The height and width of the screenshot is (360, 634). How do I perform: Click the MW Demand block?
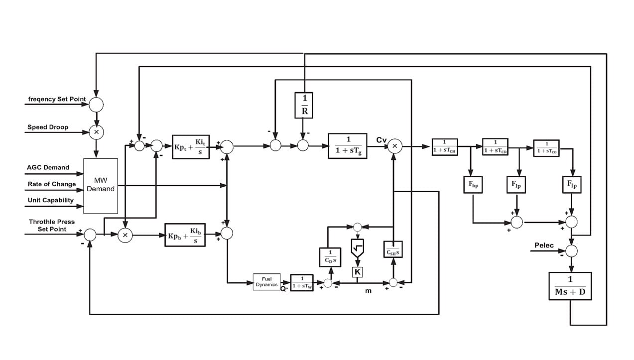pos(101,186)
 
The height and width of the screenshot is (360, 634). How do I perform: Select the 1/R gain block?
pos(304,106)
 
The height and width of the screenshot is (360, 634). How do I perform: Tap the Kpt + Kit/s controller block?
pos(191,146)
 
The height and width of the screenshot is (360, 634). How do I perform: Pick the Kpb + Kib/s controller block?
pos(186,234)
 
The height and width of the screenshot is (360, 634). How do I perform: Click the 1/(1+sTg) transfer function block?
pos(347,146)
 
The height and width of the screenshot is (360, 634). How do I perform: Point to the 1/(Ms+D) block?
pos(570,286)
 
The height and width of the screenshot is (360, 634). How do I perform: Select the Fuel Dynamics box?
pos(267,282)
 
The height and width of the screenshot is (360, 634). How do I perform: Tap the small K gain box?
pos(357,272)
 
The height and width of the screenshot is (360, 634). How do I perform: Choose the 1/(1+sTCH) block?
pos(444,147)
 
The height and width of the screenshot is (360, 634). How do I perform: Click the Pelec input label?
pos(544,245)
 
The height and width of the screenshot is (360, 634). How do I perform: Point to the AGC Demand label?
pos(48,168)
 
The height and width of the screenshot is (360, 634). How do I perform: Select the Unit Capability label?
pos(50,200)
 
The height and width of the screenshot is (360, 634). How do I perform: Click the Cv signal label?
pos(381,140)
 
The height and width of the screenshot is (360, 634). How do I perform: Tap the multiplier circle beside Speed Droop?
pos(96,132)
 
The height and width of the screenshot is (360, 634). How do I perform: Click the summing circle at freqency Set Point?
pos(96,104)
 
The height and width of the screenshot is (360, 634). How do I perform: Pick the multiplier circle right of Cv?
pos(394,146)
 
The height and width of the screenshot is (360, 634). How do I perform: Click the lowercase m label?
pos(368,291)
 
